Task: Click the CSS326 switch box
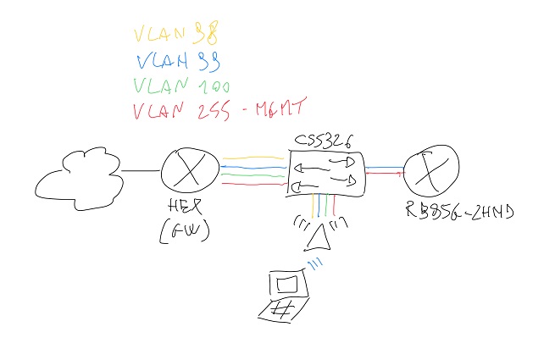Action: pyautogui.click(x=326, y=173)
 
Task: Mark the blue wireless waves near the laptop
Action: pyautogui.click(x=314, y=266)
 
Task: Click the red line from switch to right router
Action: pyautogui.click(x=385, y=173)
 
